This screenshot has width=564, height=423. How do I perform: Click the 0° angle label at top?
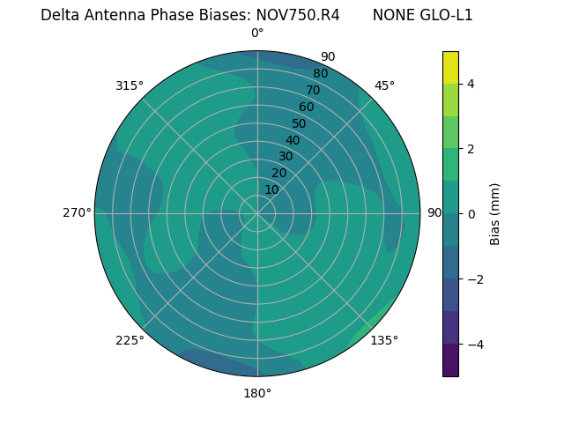257,33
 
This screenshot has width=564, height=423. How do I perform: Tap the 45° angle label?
384,85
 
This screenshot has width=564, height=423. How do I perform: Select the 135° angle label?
384,340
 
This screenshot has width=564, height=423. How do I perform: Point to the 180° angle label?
257,393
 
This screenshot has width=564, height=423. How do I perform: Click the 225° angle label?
130,340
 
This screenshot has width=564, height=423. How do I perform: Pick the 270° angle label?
77,213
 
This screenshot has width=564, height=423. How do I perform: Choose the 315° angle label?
130,85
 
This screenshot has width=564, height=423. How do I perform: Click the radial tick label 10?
271,189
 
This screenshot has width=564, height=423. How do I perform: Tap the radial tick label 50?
299,123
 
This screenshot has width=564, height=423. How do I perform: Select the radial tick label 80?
320,73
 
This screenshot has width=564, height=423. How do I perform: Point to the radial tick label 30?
286,157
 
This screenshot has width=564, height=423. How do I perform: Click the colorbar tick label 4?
471,84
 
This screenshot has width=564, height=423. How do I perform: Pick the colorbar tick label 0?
471,213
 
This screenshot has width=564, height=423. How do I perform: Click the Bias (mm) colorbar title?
495,213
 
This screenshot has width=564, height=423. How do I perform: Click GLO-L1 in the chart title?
443,15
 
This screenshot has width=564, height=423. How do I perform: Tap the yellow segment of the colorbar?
450,68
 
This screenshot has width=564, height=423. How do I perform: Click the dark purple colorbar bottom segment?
450,360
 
